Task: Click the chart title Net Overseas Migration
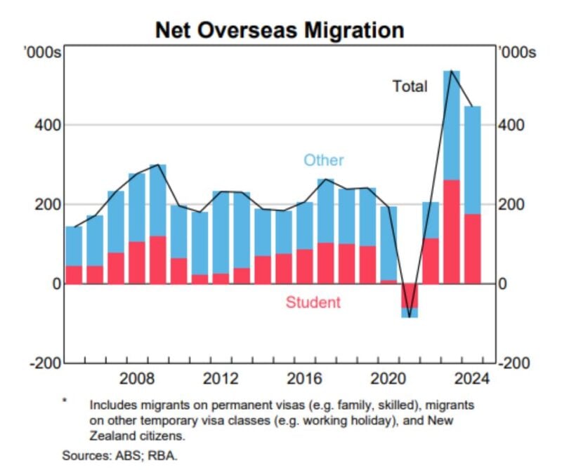point(280,30)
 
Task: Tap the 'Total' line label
point(410,86)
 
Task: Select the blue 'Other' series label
point(323,160)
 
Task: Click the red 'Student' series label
point(313,302)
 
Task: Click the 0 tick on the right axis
point(504,283)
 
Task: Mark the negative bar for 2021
point(409,297)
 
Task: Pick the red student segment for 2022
point(430,261)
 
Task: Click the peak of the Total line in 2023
point(451,71)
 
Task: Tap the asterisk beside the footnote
point(65,401)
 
